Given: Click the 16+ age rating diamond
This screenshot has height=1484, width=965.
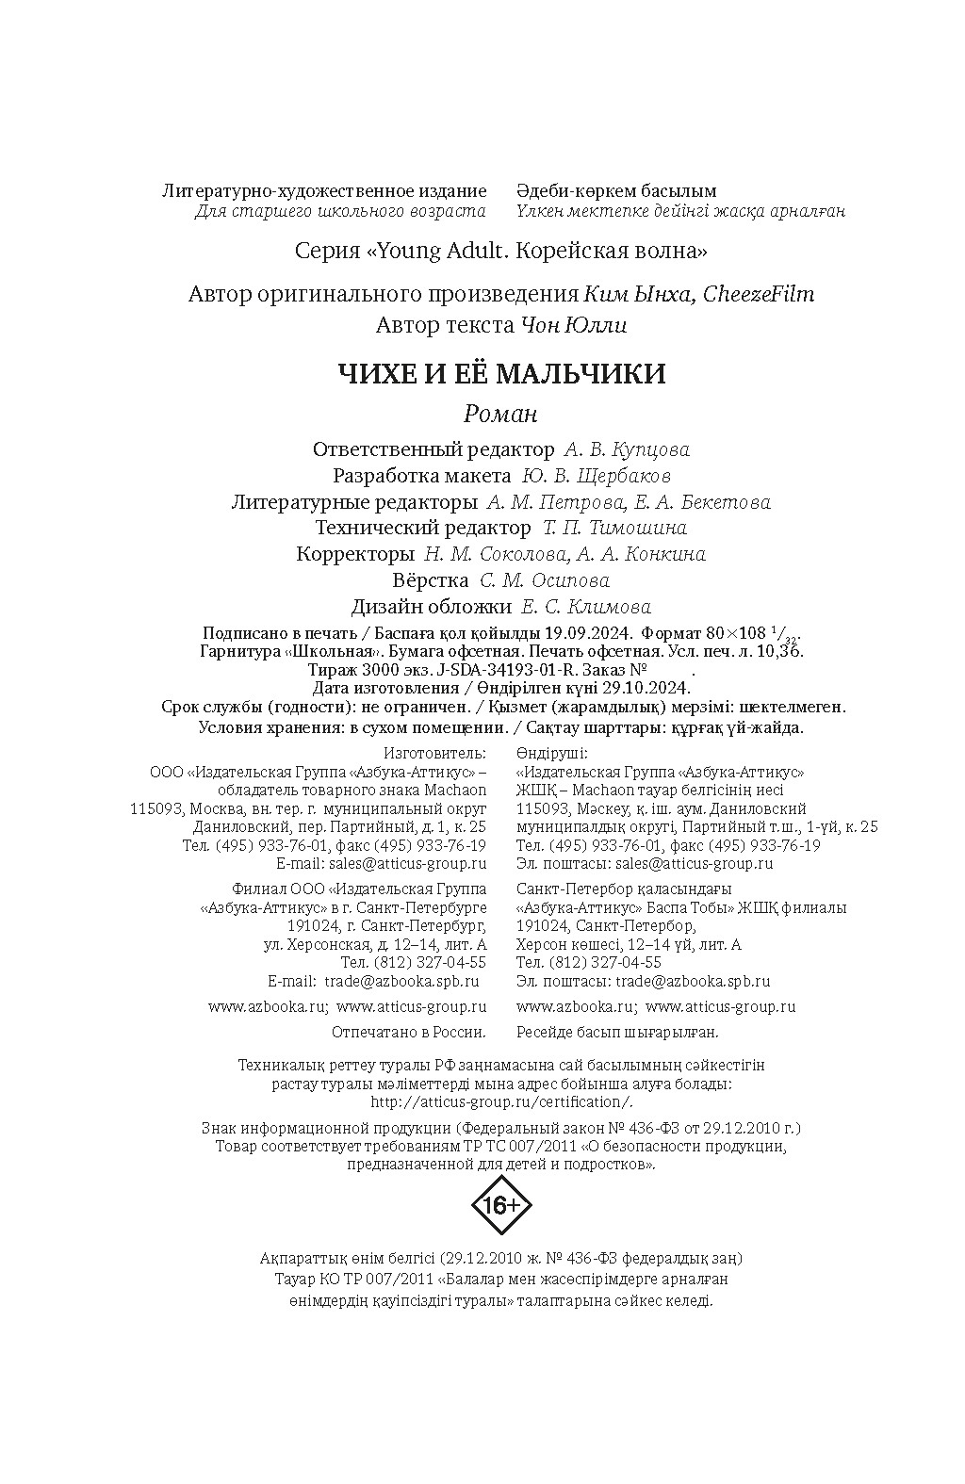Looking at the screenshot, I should (500, 1205).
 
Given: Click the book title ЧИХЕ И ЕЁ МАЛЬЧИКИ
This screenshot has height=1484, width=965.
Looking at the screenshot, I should (501, 374).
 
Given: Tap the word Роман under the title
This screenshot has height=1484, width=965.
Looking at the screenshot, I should (500, 414).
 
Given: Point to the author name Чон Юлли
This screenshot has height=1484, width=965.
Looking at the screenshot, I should (572, 326).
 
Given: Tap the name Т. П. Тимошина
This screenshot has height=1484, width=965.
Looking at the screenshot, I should (614, 528).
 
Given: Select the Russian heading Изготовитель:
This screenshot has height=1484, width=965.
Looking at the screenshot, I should (435, 753).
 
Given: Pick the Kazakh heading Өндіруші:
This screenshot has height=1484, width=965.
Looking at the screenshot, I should (552, 753).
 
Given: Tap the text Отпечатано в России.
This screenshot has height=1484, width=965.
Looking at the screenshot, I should (410, 1032).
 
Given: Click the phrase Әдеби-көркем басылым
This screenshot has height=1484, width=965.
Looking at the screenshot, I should (616, 191).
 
